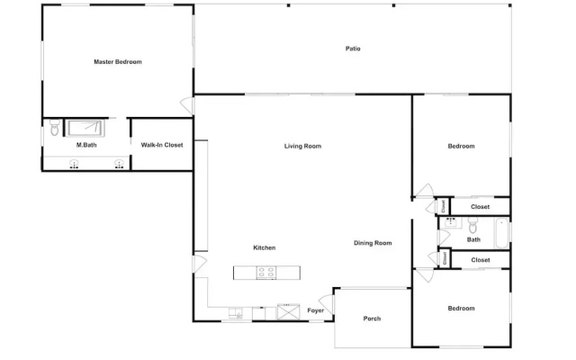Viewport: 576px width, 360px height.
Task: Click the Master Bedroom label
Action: coord(118,62)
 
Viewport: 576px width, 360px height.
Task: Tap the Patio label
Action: coord(353,49)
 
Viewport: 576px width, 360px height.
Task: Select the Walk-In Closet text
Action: coord(162,145)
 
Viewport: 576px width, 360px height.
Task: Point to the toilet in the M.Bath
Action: coord(55,127)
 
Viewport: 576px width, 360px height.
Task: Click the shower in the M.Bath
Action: coord(85,128)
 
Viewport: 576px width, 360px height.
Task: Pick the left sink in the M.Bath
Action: coord(74,164)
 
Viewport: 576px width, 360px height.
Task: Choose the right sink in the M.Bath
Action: coord(119,164)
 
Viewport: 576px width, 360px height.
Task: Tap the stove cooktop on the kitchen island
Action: coord(266,273)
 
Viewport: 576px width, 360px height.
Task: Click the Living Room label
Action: coord(302,146)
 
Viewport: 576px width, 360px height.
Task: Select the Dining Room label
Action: coord(373,243)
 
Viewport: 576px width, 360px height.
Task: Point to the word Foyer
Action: coord(316,310)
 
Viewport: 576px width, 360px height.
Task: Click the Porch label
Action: coord(372,319)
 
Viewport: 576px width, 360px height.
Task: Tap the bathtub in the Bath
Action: coord(501,233)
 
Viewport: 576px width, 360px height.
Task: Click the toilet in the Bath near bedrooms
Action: coord(472,225)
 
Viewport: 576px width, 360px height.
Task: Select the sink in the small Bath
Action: coord(451,222)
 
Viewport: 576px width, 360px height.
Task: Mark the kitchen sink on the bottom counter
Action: coord(236,313)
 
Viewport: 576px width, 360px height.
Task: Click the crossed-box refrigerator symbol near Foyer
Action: coord(288,311)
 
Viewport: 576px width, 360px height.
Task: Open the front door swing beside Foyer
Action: coord(327,303)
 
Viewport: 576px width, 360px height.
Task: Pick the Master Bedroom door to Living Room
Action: coord(187,105)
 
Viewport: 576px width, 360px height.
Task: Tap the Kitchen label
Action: coord(264,247)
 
